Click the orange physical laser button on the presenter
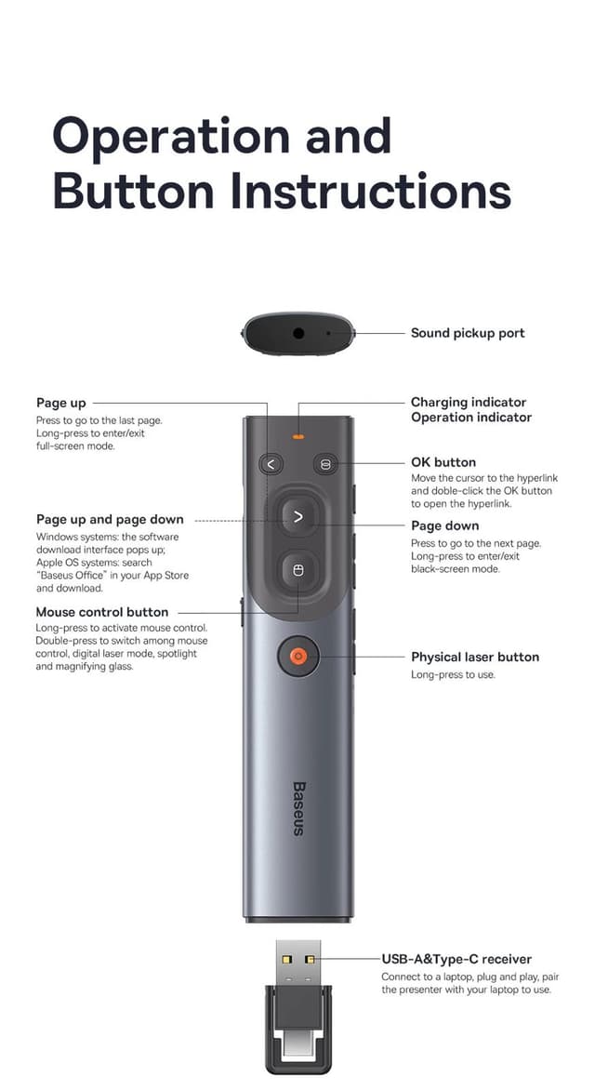click(x=297, y=657)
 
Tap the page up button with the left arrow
click(x=271, y=463)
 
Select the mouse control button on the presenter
click(x=297, y=570)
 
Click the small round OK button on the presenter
click(x=324, y=463)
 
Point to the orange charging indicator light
click(x=298, y=435)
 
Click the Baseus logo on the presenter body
click(x=298, y=807)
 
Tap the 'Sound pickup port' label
click(x=468, y=333)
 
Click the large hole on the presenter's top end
click(x=299, y=332)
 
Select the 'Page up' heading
click(x=61, y=403)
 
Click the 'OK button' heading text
click(x=443, y=462)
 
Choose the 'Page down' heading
click(x=445, y=525)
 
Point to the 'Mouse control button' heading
click(x=102, y=612)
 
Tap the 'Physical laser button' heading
click(x=475, y=657)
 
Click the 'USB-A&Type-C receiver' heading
click(x=456, y=959)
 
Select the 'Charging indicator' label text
click(x=469, y=403)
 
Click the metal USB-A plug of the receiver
click(x=297, y=963)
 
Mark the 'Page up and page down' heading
click(x=110, y=520)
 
